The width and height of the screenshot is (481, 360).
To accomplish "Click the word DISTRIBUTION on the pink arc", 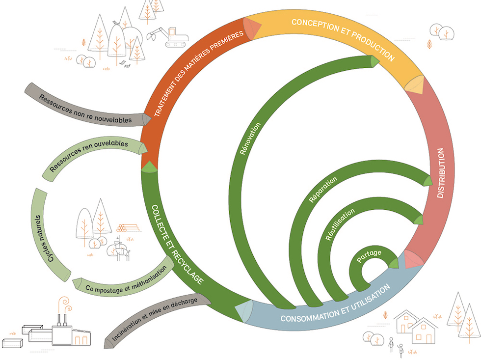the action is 441,173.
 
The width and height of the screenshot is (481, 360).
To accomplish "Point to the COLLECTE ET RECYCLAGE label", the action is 177,245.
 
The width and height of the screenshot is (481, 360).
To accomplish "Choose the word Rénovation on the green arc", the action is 250,138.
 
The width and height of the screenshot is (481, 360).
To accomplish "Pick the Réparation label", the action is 323,190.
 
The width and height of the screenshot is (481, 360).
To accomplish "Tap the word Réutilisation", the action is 340,224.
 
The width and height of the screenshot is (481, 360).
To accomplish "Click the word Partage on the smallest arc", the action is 369,256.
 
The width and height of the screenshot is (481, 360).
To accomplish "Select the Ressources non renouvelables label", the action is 85,110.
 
